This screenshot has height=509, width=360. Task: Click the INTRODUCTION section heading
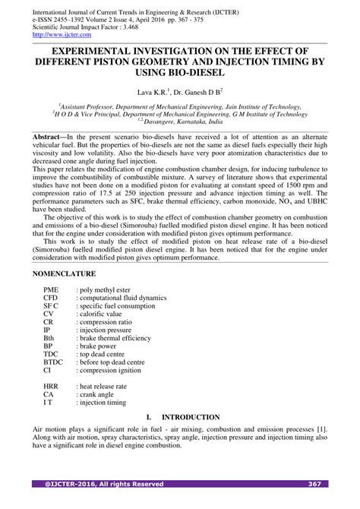pos(190,417)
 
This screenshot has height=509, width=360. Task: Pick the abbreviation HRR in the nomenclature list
pos(51,386)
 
